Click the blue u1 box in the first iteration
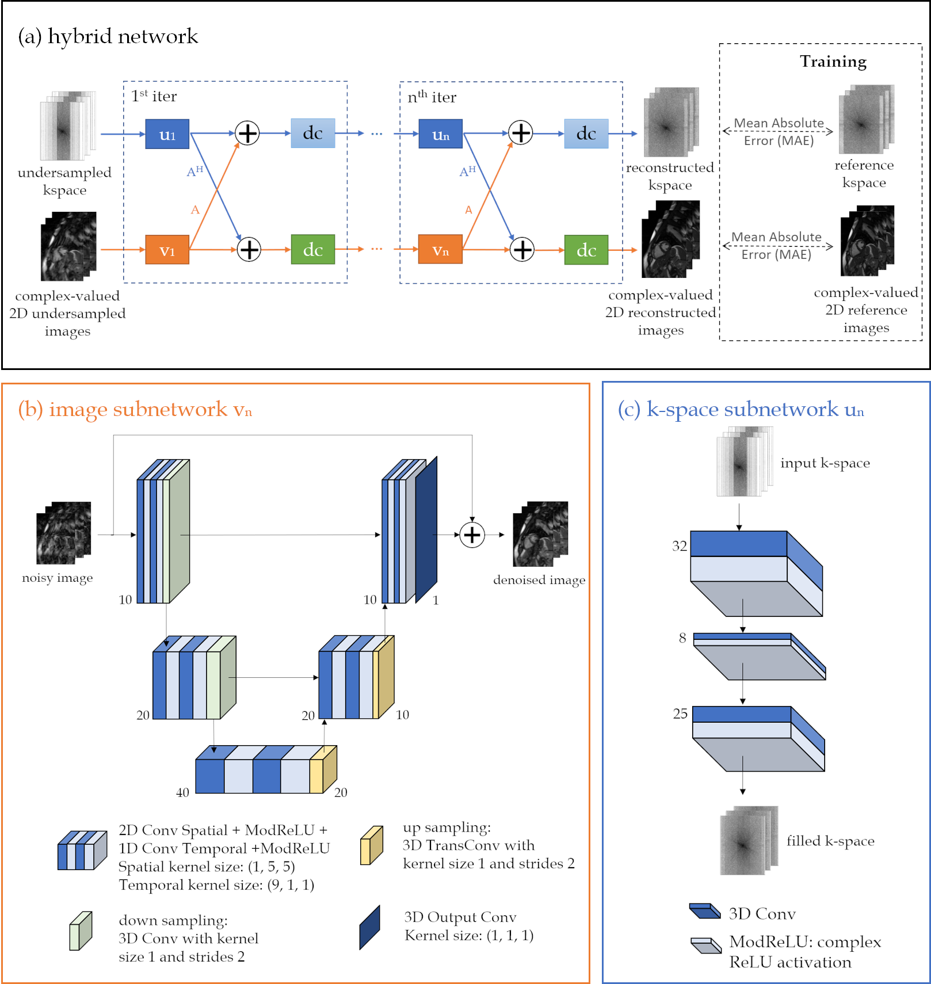(x=167, y=134)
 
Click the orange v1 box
(x=167, y=250)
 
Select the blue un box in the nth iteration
(x=440, y=134)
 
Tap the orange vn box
(x=440, y=250)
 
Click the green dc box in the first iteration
(x=312, y=249)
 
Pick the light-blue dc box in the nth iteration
(x=586, y=134)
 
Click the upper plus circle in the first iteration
(x=247, y=134)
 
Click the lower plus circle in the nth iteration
(x=522, y=250)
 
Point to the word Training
(x=833, y=62)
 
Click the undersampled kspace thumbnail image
(x=67, y=125)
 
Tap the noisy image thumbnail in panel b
(x=63, y=532)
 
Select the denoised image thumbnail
(x=540, y=533)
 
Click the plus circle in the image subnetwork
(x=472, y=535)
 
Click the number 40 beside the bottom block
(x=182, y=792)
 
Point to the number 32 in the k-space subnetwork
(x=680, y=546)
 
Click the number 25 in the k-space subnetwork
(x=680, y=714)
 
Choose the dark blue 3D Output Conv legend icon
(x=369, y=927)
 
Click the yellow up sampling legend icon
(x=372, y=845)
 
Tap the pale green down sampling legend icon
(x=81, y=930)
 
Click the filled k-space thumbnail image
(x=749, y=840)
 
